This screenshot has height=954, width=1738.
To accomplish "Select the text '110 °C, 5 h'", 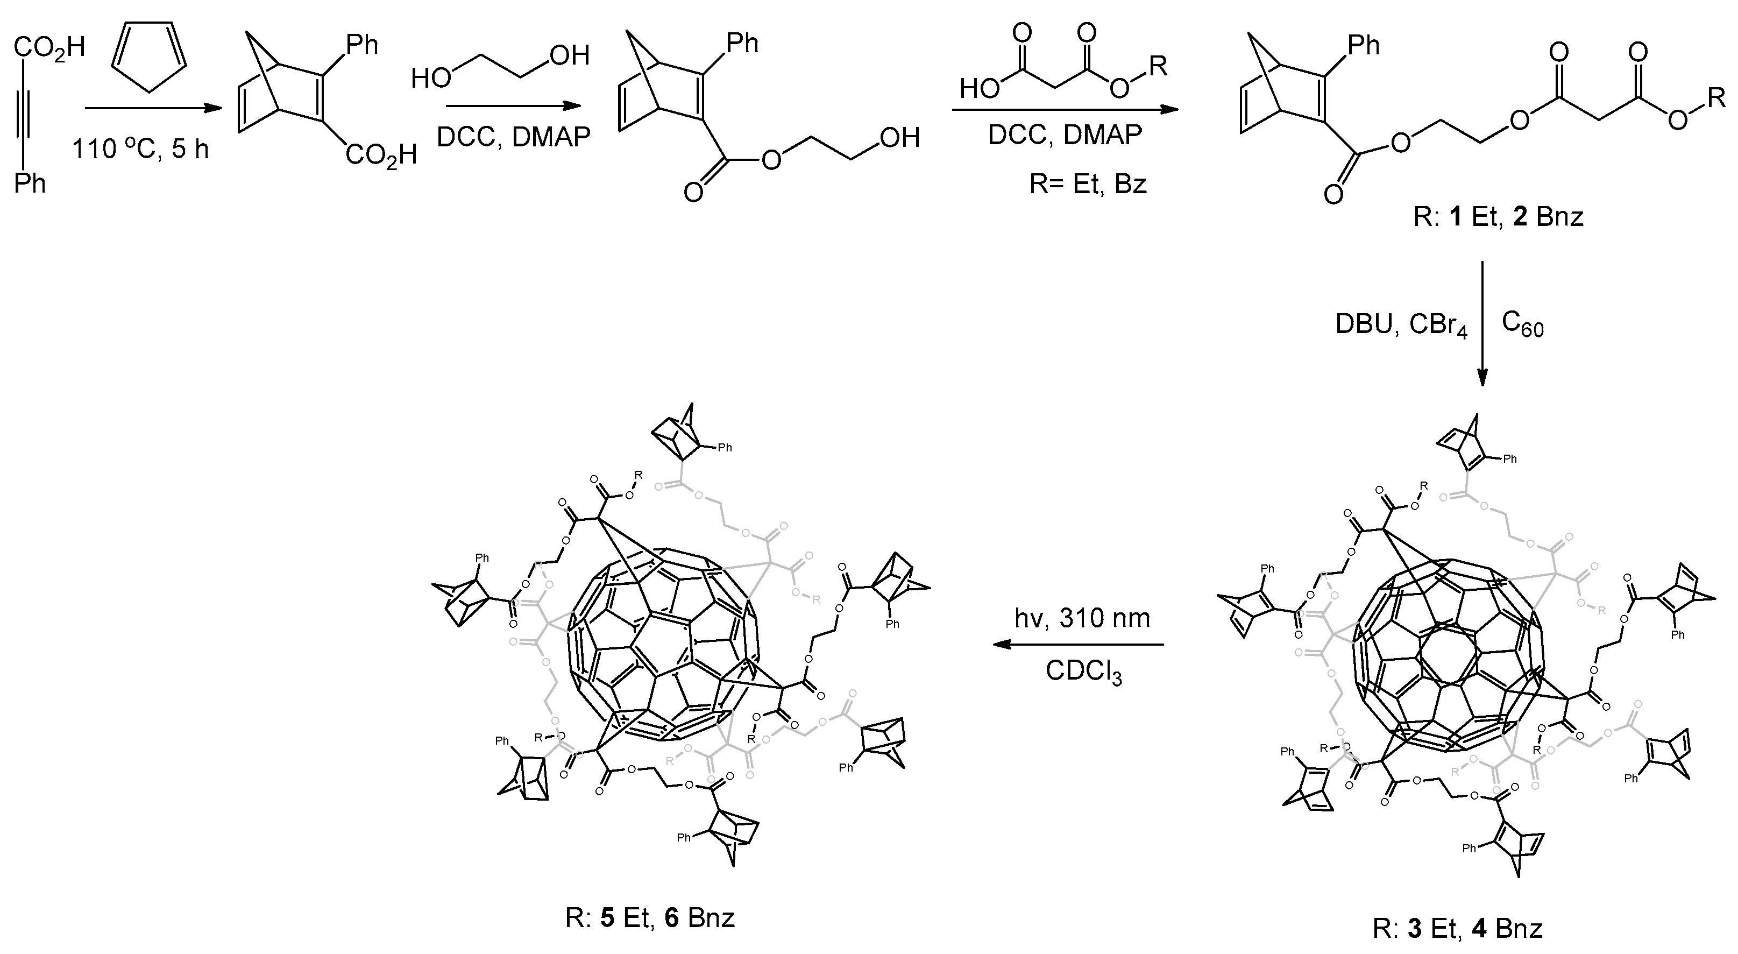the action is click(140, 149).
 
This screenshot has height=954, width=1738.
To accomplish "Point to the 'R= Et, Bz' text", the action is click(1088, 183).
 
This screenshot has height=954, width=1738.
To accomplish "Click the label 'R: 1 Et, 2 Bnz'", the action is click(1498, 217).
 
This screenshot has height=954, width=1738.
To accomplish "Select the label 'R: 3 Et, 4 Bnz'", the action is click(1457, 929).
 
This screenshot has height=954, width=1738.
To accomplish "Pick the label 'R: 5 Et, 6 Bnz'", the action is click(650, 918).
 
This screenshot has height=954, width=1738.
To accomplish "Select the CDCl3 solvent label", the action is click(1083, 672).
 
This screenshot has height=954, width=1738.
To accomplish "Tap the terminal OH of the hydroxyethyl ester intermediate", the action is click(899, 138).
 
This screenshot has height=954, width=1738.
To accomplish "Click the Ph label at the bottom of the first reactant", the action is click(30, 183).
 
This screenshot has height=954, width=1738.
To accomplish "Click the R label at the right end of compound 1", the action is click(1716, 98).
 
